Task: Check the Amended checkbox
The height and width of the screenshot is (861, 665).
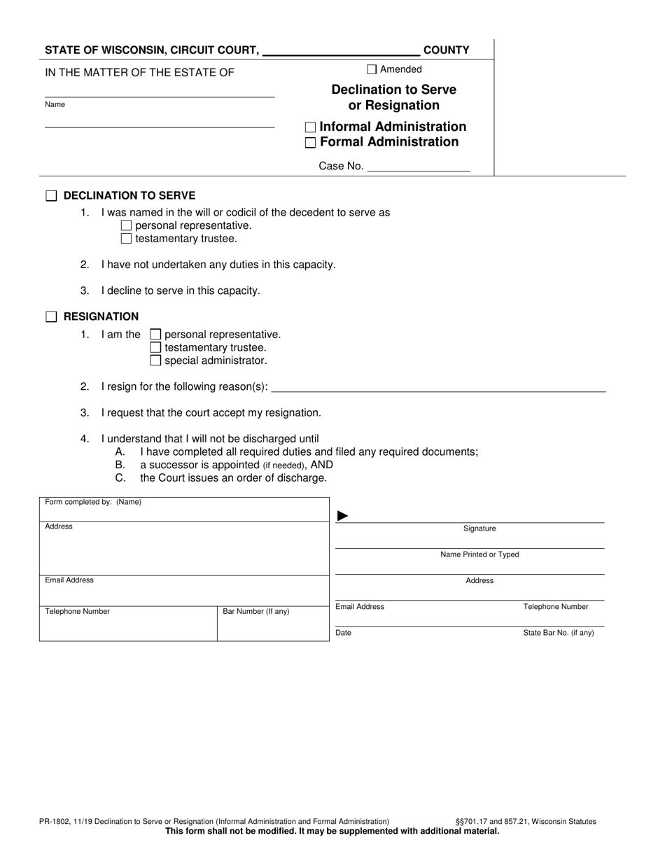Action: (x=372, y=69)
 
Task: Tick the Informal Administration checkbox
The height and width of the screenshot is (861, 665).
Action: (x=311, y=127)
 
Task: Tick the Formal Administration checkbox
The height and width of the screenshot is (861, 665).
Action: (x=311, y=143)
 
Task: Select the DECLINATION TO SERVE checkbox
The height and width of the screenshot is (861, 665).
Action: (x=51, y=196)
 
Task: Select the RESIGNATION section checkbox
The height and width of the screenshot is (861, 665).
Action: (x=51, y=317)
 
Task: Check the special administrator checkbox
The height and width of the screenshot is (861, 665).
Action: (x=155, y=361)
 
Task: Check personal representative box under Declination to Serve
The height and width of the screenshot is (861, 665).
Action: (x=126, y=225)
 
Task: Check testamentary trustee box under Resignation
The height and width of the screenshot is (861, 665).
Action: (x=155, y=348)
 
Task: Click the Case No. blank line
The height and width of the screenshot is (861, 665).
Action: (x=418, y=166)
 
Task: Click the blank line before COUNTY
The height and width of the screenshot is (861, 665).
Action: (x=342, y=50)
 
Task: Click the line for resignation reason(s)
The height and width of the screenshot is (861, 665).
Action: (x=437, y=386)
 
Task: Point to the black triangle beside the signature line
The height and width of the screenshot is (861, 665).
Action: (x=342, y=516)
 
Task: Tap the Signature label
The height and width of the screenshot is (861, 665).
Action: (x=479, y=528)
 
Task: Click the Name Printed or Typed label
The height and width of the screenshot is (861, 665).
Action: (x=479, y=554)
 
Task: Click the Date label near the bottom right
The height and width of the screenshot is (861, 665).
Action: (x=344, y=633)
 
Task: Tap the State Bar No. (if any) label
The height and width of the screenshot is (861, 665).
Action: (x=558, y=633)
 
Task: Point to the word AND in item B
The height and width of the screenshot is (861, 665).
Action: (x=321, y=465)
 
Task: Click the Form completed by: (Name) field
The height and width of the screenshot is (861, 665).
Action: (x=183, y=510)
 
